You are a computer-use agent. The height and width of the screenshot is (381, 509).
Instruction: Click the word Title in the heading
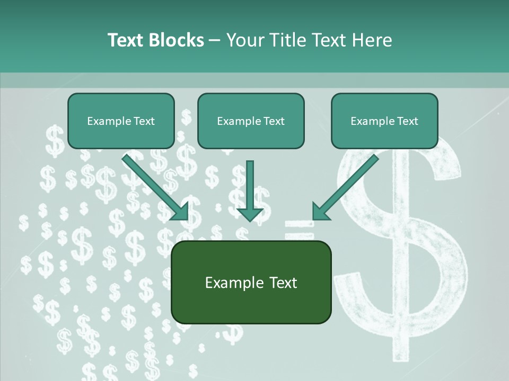coord(286,40)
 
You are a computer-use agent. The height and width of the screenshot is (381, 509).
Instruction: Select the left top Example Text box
coord(121,121)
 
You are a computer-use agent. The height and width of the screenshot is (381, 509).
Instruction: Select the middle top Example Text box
coord(251,121)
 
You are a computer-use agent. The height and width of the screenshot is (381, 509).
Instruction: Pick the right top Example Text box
coord(384,121)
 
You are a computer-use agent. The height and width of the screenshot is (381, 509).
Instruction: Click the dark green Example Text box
coord(251,282)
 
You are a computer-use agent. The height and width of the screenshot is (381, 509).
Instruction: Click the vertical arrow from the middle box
coord(250,190)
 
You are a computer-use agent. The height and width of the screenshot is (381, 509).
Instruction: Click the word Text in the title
coord(126,40)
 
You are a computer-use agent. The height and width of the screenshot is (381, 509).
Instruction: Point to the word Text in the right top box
coord(407,121)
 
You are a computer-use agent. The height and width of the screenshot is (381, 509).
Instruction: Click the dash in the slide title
coord(215,40)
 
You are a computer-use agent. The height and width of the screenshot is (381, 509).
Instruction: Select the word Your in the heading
coord(244,40)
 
